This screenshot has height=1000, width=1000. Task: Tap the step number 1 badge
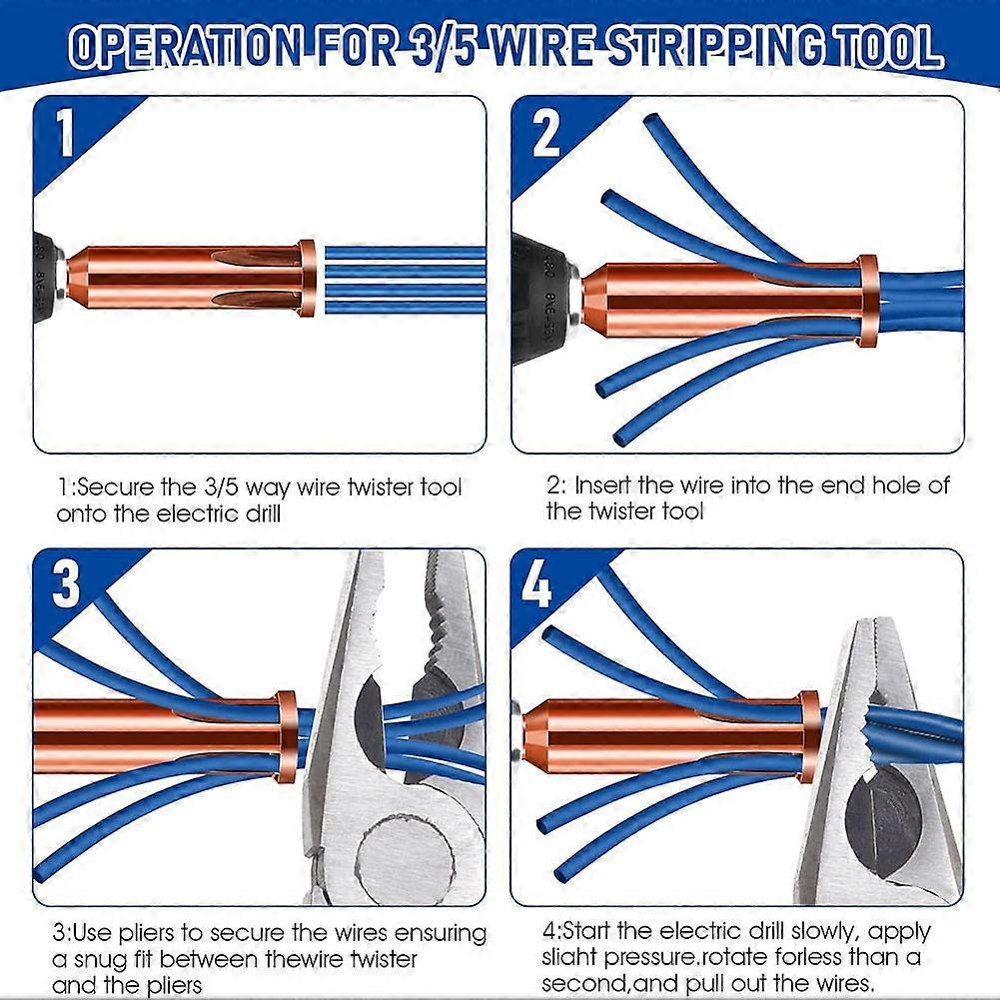tap(65, 134)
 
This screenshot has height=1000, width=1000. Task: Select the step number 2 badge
tap(545, 134)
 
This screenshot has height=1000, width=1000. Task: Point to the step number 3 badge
tap(66, 585)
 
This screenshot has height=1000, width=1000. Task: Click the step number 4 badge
tap(536, 585)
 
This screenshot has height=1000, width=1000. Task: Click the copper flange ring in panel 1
tap(308, 278)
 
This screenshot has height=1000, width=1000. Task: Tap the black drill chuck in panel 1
tap(46, 278)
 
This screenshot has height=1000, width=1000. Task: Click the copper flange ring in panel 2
tap(867, 300)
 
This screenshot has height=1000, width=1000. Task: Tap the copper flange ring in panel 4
tap(809, 736)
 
